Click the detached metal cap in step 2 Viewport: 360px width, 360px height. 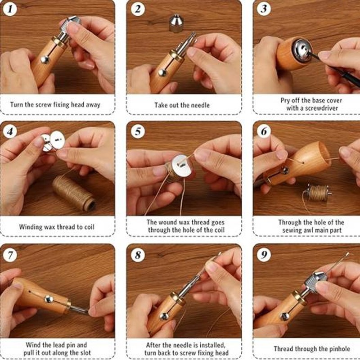tap(175, 23)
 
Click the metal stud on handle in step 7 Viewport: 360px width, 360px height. tap(48, 299)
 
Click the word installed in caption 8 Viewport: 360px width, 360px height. tap(214, 345)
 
